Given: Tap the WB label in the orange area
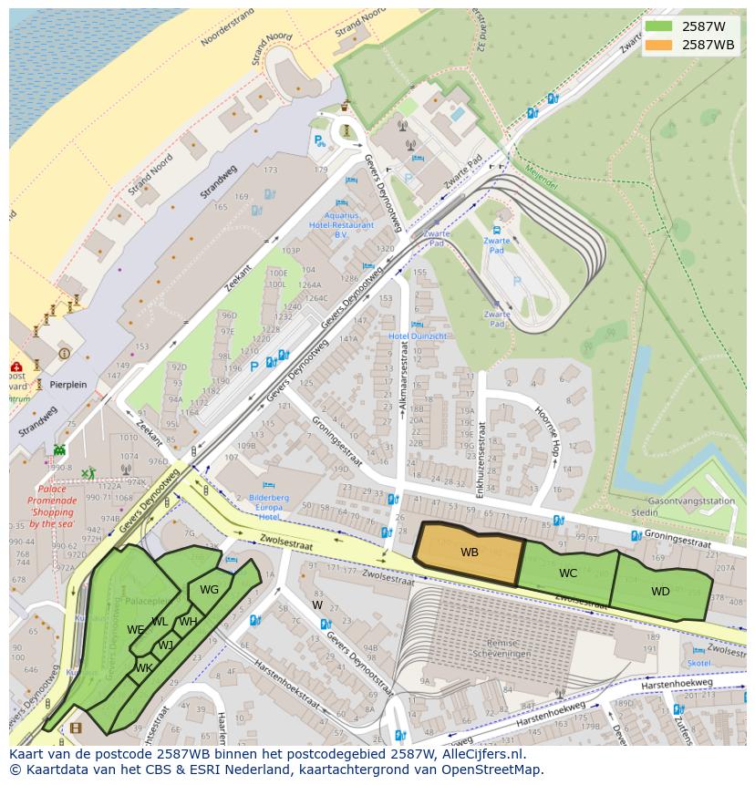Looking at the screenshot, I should click(x=469, y=553).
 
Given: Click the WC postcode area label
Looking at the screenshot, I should click(x=568, y=573).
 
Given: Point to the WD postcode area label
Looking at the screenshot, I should click(x=660, y=592).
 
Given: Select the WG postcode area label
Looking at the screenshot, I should click(x=209, y=590).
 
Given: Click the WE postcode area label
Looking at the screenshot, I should click(x=136, y=630).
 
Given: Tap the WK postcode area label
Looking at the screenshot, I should click(x=143, y=668).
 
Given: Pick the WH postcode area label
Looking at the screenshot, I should click(x=188, y=623).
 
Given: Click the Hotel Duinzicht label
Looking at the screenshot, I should click(x=418, y=336).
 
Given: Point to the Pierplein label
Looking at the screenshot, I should click(x=68, y=385).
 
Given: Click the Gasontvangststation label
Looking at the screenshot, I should click(x=690, y=501).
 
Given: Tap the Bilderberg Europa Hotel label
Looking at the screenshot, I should click(x=269, y=507).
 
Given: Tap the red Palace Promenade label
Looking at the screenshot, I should click(x=51, y=506).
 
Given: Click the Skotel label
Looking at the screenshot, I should click(x=699, y=663).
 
